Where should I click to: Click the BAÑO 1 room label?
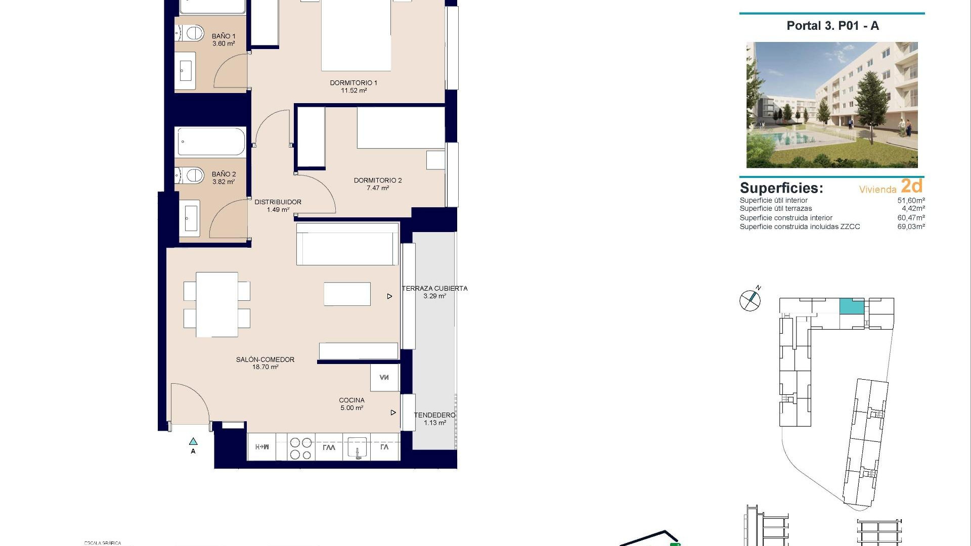(x=224, y=36)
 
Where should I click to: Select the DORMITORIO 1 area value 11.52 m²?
(x=354, y=91)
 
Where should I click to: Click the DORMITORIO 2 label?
(x=378, y=180)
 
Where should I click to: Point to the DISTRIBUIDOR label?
(x=278, y=202)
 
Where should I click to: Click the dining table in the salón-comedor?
(x=217, y=304)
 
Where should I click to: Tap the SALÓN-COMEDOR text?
(x=265, y=360)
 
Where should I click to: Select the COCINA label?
(x=351, y=400)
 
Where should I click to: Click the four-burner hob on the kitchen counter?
(x=300, y=448)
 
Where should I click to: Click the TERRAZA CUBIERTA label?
(x=434, y=289)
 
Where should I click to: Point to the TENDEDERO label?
(x=434, y=416)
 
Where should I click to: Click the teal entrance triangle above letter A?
(x=193, y=442)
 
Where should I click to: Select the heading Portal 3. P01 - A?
(x=832, y=26)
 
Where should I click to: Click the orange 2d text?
(x=911, y=186)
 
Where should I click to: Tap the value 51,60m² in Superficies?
(x=911, y=201)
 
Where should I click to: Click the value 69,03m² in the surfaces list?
(x=911, y=227)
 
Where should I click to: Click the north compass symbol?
(x=750, y=300)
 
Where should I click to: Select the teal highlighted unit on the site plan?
(x=852, y=306)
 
